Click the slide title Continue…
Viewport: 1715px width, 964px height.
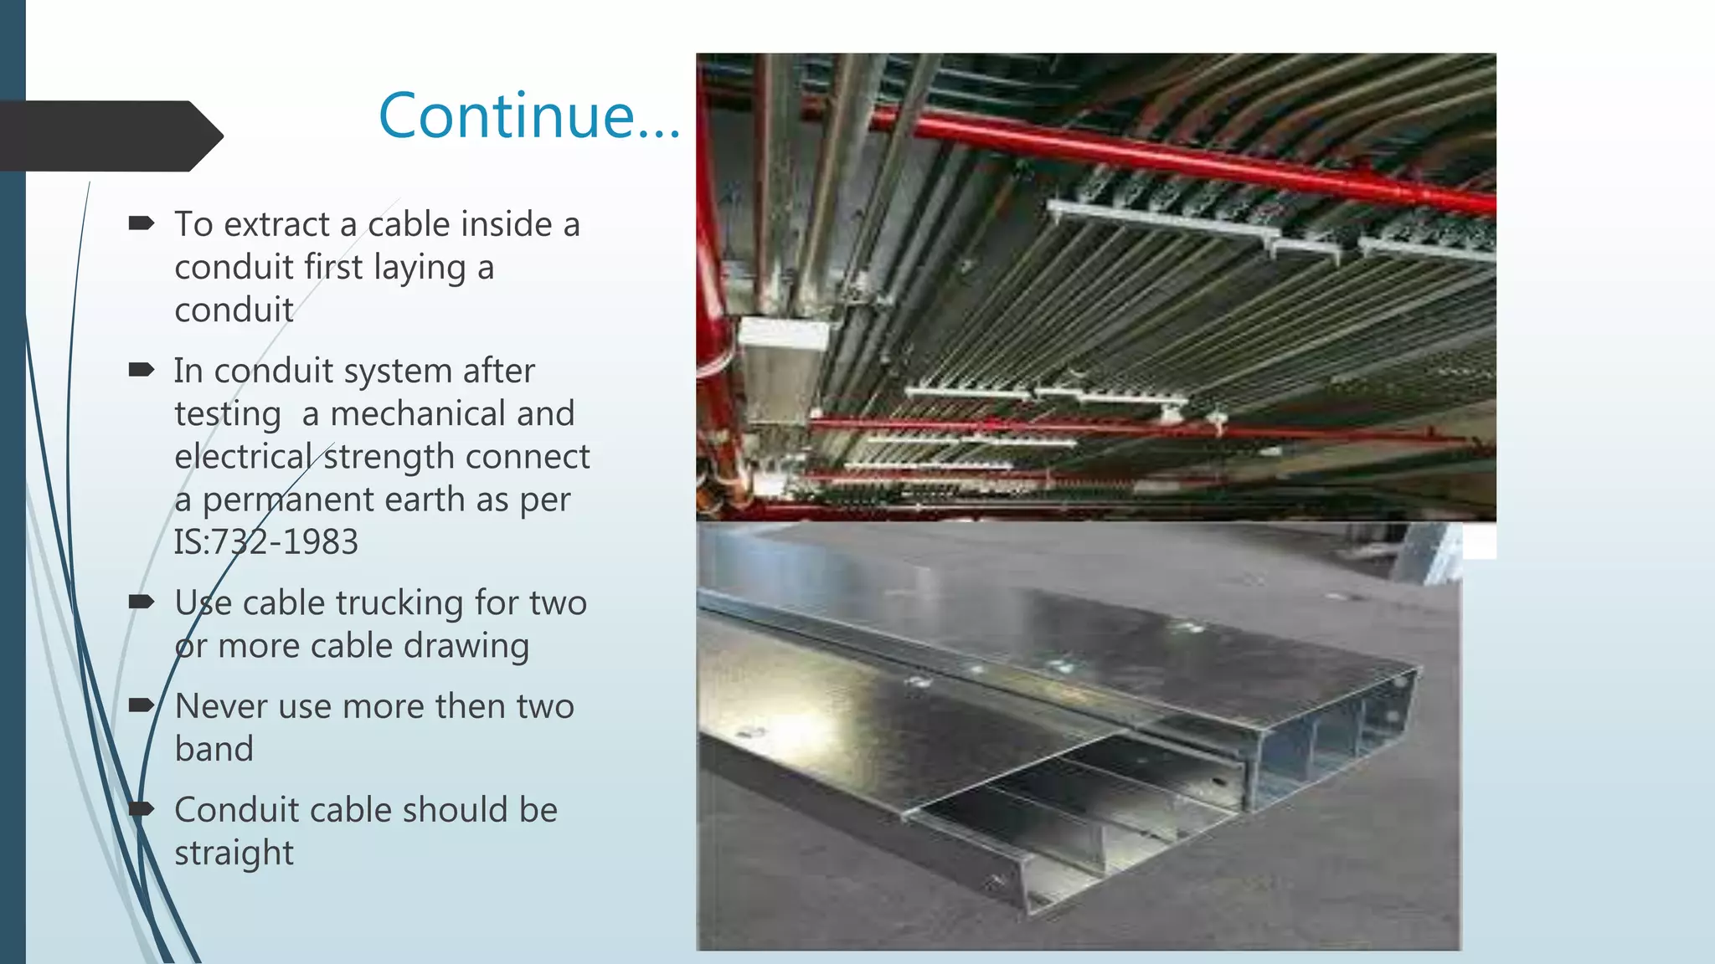coord(529,115)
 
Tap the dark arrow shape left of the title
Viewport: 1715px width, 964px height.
coord(109,136)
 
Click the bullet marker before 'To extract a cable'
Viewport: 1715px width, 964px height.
coord(141,223)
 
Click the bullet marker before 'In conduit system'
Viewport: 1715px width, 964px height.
coord(141,369)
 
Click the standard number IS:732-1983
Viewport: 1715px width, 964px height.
coord(266,542)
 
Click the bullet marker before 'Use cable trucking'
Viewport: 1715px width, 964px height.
coord(141,601)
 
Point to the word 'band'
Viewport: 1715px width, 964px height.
coord(214,749)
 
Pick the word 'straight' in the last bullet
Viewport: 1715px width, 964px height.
coord(234,854)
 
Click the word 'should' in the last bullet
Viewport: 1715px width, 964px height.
coord(452,810)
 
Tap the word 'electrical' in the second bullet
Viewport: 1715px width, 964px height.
coord(243,457)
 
